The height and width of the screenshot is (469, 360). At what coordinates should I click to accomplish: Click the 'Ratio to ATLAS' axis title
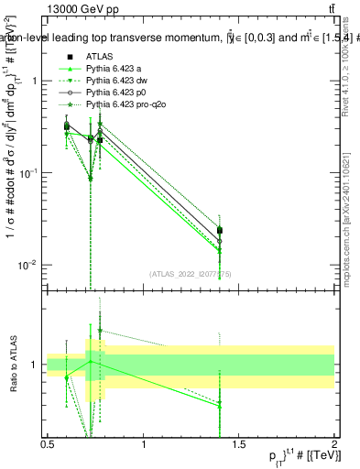pyautogui.click(x=11, y=365)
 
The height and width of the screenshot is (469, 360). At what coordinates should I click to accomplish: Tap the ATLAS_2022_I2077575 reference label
pyautogui.click(x=191, y=273)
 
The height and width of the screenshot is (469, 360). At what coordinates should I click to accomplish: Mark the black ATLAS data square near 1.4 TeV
pyautogui.click(x=220, y=230)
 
